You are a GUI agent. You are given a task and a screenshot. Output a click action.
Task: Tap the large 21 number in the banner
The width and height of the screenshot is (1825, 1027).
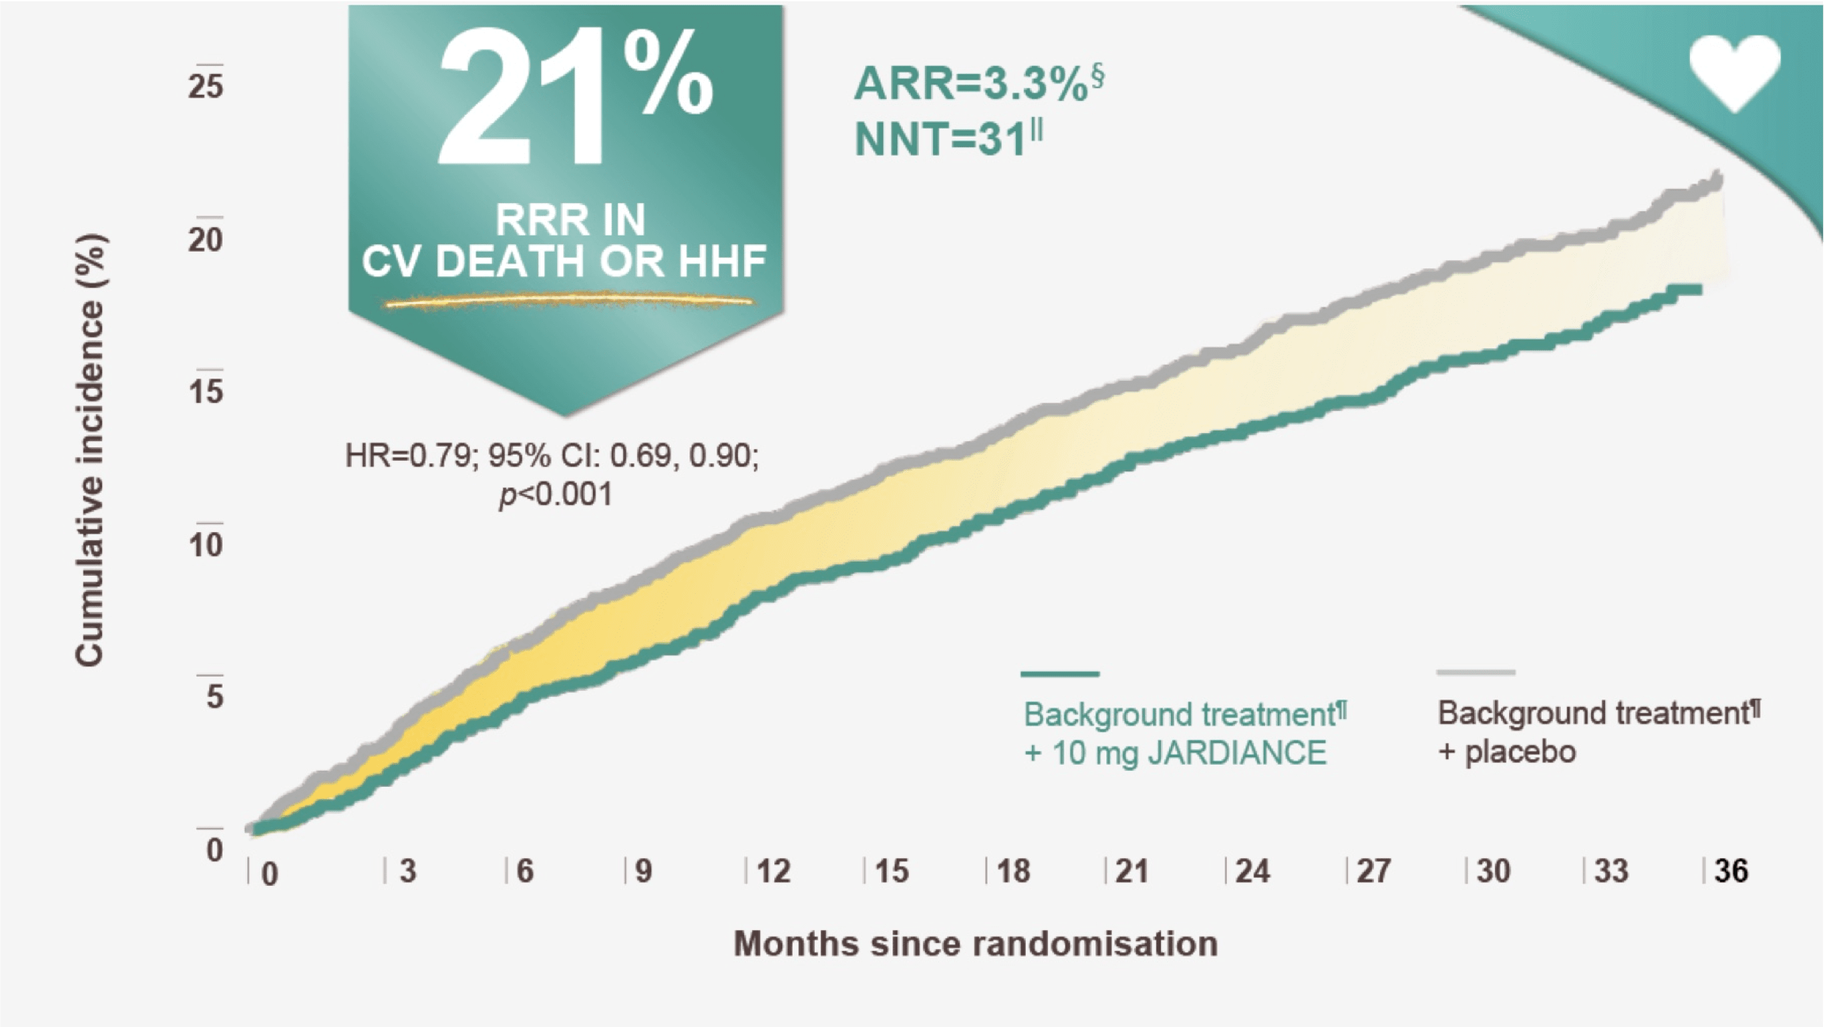(x=521, y=100)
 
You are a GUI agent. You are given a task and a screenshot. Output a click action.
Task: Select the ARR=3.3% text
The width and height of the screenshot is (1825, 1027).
(x=971, y=84)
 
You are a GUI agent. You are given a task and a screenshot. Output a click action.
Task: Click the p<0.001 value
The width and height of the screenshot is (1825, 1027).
(x=555, y=494)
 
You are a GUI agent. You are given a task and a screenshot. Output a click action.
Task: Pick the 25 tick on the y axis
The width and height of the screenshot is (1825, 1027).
(x=206, y=87)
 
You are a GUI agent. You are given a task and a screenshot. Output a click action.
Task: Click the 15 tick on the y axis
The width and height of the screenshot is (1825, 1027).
(x=206, y=391)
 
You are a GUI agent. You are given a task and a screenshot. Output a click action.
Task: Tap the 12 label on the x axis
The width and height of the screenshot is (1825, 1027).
(x=773, y=870)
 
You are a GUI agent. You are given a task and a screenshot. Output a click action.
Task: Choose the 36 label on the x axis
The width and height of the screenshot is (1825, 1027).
(x=1731, y=870)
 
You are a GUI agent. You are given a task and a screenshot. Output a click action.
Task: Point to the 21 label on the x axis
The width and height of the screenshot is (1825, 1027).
(x=1131, y=870)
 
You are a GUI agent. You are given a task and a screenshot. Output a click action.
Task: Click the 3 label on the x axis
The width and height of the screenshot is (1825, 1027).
(x=407, y=870)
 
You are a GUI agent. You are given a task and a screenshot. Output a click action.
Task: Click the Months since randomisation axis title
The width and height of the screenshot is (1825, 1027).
(x=975, y=944)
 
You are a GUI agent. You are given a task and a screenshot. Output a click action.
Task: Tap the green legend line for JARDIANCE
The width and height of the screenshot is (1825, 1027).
(x=1060, y=673)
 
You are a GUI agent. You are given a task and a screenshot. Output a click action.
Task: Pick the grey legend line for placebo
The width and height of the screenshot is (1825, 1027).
(x=1475, y=672)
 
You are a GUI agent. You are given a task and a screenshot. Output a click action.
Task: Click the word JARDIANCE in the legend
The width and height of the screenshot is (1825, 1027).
(x=1237, y=753)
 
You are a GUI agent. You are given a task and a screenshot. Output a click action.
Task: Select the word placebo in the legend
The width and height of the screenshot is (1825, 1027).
(x=1520, y=751)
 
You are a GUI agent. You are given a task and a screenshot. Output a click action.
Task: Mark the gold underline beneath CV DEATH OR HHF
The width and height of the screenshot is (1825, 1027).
(x=569, y=302)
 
